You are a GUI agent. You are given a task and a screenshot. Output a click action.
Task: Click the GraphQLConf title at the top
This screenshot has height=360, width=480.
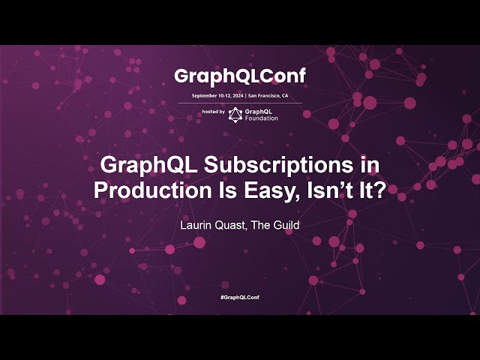point(240,76)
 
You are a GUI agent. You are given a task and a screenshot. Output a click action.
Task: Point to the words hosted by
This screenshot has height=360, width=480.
point(213,111)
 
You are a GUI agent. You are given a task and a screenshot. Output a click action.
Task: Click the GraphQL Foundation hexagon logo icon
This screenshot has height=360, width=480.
point(235,114)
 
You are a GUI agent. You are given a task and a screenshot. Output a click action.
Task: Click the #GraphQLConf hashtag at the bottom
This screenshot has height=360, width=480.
point(240,298)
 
